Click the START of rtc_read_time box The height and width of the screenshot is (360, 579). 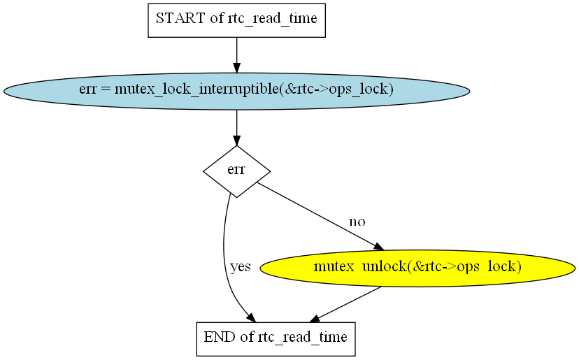coord(236,20)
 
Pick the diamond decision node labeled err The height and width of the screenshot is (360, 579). coord(236,171)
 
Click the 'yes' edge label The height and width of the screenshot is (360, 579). coord(241,266)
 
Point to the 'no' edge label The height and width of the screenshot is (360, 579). coord(357,222)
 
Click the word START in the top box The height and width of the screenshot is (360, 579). coord(180,18)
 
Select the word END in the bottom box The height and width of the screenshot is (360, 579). coord(220,337)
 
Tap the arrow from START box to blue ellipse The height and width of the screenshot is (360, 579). coord(236,55)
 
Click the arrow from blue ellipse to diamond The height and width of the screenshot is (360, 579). coord(236,128)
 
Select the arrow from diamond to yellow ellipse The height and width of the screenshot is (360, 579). coord(320,217)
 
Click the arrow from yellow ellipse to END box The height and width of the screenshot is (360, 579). coord(345,304)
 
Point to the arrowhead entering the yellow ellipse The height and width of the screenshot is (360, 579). coord(379,247)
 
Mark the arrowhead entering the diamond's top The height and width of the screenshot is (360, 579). coord(236,141)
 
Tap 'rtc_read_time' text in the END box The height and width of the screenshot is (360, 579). coord(302,337)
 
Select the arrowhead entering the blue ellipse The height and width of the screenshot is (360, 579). coord(236,69)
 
